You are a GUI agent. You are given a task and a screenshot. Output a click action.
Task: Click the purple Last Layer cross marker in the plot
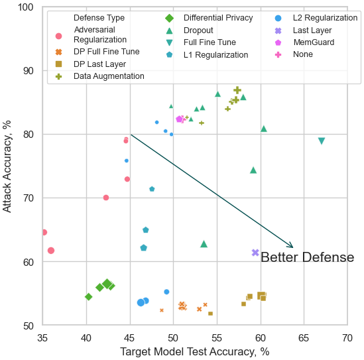(x=255, y=253)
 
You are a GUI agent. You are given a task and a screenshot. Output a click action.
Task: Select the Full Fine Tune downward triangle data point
(x=322, y=141)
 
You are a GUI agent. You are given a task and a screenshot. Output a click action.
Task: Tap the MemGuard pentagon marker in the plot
(x=179, y=119)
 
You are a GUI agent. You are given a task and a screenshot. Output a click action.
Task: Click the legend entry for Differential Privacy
(x=209, y=18)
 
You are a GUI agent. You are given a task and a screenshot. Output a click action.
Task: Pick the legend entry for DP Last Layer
(x=91, y=64)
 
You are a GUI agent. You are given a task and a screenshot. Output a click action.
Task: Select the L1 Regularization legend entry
(x=207, y=55)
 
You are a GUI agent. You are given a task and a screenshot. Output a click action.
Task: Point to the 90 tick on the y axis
(x=29, y=71)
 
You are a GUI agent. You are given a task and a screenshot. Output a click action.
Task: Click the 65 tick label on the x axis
(x=304, y=338)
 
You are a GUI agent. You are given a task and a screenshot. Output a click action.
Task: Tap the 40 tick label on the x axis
(x=86, y=338)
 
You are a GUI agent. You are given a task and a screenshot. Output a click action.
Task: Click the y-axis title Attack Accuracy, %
(x=7, y=166)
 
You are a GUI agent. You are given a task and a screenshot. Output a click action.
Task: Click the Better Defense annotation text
(x=308, y=257)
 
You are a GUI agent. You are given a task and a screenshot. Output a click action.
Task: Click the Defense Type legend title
(x=99, y=18)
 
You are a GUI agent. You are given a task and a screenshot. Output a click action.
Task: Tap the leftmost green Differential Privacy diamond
(x=88, y=296)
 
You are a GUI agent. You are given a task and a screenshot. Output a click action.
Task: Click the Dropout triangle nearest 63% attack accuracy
(x=204, y=244)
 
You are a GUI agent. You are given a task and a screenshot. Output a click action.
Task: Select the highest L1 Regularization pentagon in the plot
(x=152, y=189)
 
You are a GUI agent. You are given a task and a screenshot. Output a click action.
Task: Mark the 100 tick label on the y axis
(x=26, y=7)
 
